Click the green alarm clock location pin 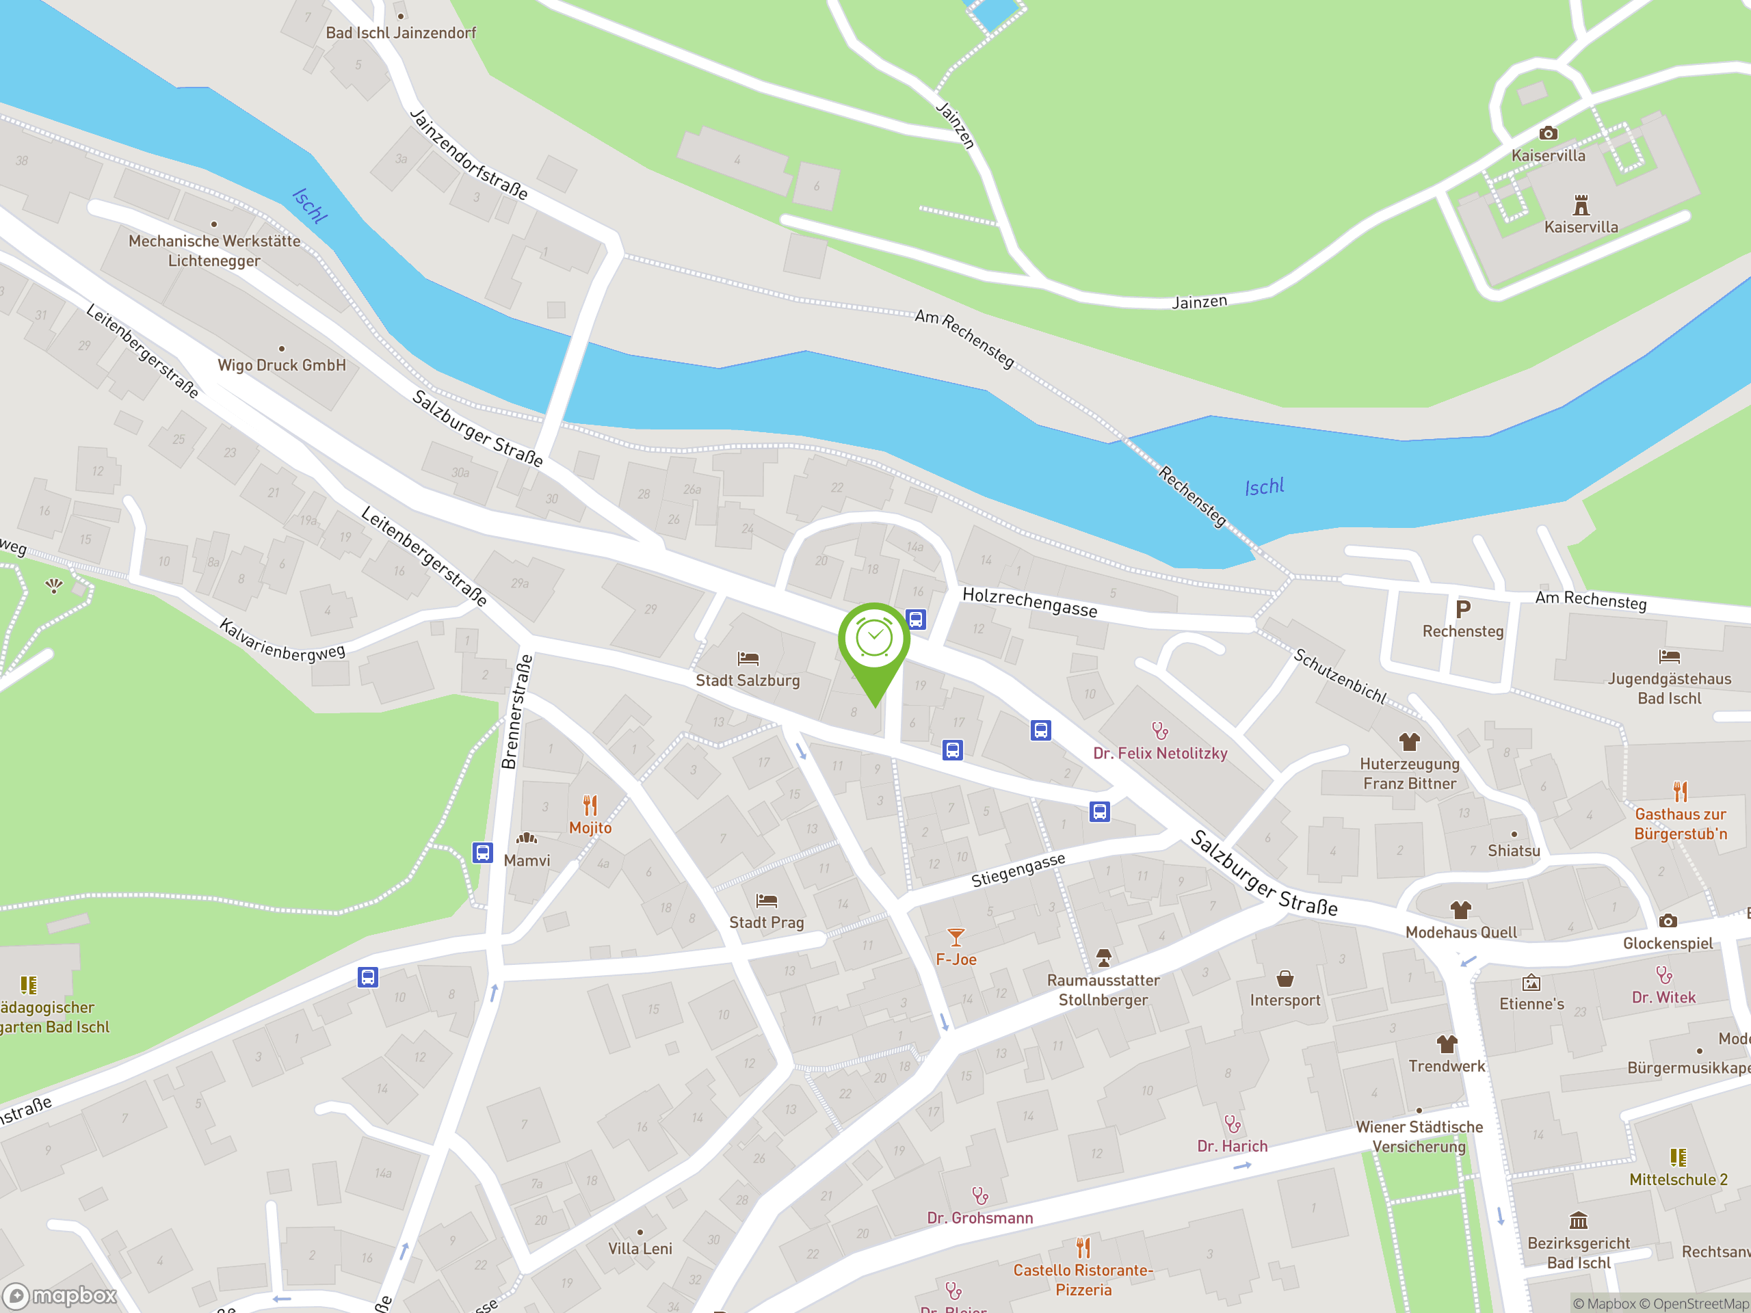(x=874, y=641)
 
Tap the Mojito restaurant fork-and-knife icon (x=590, y=805)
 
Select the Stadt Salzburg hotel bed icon (x=748, y=658)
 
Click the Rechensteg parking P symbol (x=1463, y=609)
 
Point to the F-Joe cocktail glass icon (x=956, y=937)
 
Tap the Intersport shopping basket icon (x=1285, y=979)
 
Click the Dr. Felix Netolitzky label (x=1159, y=754)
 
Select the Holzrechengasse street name (x=1029, y=602)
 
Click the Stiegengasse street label (x=1018, y=870)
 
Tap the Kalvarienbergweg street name (x=282, y=640)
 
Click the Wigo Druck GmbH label (x=282, y=365)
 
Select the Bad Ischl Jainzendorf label (x=401, y=32)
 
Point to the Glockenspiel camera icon (x=1668, y=920)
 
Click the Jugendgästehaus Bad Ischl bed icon (x=1670, y=656)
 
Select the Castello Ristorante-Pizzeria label (x=1083, y=1279)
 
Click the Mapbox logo (x=60, y=1296)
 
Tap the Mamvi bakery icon (x=527, y=838)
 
